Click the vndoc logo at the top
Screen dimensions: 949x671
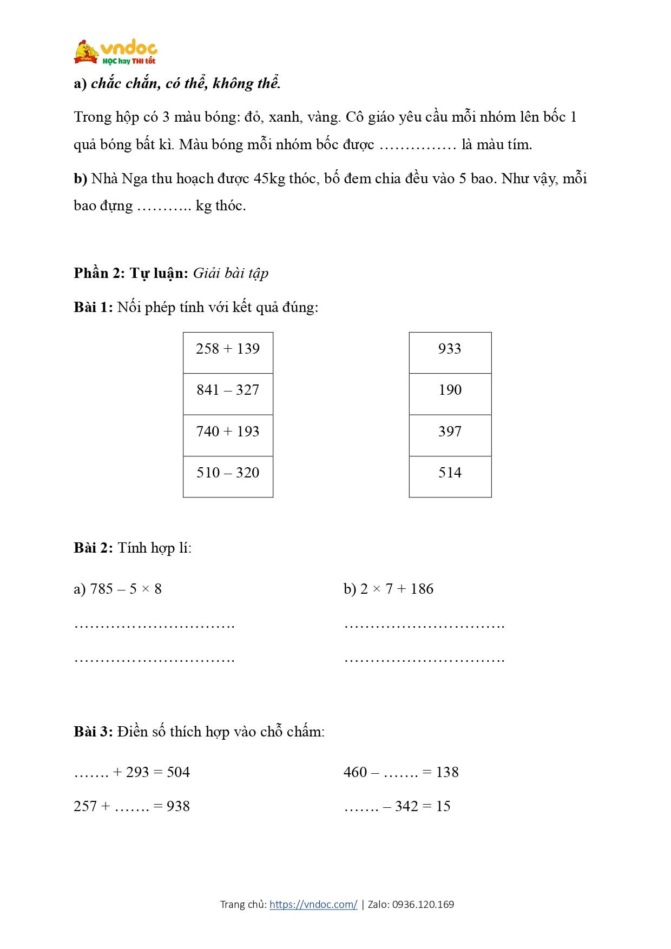(116, 52)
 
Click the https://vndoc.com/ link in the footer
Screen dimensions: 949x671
(313, 904)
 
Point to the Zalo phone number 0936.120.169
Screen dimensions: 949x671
(423, 904)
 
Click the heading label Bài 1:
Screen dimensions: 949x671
(93, 307)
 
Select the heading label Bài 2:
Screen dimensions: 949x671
(93, 548)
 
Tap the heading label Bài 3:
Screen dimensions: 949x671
(93, 732)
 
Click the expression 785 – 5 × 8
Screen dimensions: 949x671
(126, 589)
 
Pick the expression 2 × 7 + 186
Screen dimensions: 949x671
(397, 589)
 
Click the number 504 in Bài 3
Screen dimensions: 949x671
(178, 772)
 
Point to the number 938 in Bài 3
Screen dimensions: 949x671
(178, 806)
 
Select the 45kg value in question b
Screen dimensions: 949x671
(269, 178)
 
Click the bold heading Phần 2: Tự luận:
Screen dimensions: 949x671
(131, 273)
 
